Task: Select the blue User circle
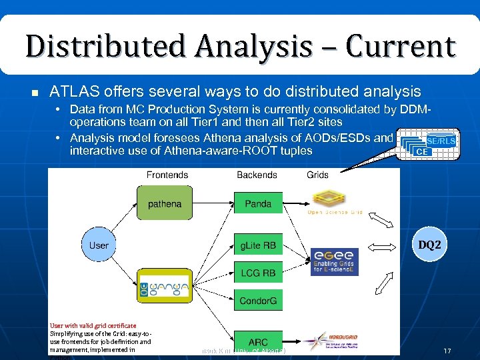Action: pos(99,245)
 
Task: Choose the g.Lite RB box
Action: pos(258,245)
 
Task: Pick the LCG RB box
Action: pos(258,273)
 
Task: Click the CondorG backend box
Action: pos(258,301)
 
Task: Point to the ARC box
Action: pos(258,341)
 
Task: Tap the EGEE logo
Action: pos(335,261)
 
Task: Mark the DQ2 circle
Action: pos(429,245)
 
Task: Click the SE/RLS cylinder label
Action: pos(441,141)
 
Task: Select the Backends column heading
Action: pos(257,175)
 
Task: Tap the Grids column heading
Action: pos(317,175)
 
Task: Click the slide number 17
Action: pos(447,350)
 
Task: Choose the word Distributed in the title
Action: pos(91,47)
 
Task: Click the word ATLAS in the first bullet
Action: pos(71,91)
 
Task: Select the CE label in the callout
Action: pos(421,153)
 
